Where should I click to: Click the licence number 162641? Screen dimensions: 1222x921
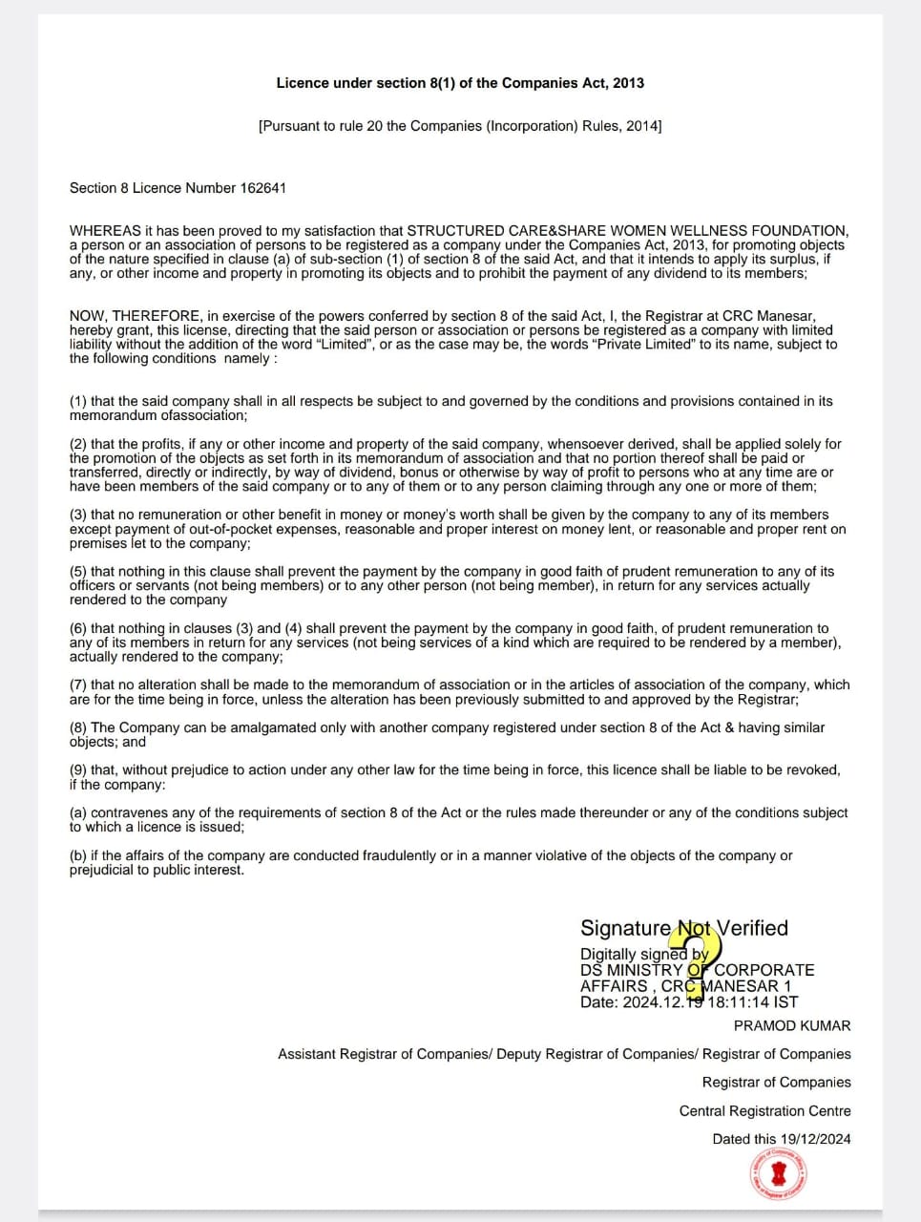click(x=262, y=188)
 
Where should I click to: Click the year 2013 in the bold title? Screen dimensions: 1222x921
click(x=628, y=83)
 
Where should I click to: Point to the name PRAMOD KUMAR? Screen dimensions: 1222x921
click(x=792, y=1025)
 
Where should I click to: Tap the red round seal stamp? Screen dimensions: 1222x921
click(x=779, y=1173)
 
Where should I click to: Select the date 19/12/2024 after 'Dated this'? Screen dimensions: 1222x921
click(x=815, y=1139)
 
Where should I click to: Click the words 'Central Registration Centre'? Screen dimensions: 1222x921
click(x=764, y=1111)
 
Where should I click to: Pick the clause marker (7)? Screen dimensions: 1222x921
click(x=78, y=685)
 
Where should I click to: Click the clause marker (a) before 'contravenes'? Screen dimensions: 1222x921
click(x=78, y=812)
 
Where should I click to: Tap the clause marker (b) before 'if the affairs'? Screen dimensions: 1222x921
click(x=78, y=855)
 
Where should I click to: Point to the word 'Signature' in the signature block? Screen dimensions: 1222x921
click(x=625, y=928)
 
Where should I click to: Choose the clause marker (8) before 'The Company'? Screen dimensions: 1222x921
click(x=78, y=727)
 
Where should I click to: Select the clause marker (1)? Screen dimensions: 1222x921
click(x=78, y=401)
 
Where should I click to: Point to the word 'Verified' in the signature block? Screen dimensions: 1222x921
click(x=752, y=928)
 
